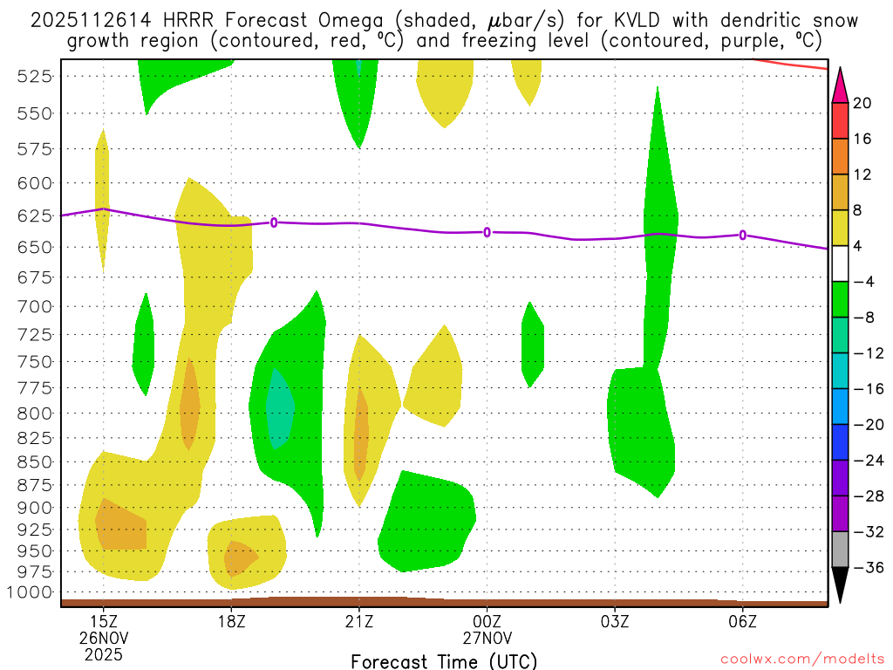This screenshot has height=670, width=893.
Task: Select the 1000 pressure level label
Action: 31,592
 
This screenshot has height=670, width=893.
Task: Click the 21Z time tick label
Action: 359,622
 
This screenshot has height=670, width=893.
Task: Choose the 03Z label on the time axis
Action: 615,622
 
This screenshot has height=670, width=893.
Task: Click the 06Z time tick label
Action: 742,622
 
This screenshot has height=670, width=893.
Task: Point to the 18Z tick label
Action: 231,622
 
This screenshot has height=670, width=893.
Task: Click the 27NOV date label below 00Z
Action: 487,638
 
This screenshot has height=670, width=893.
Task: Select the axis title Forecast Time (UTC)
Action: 444,660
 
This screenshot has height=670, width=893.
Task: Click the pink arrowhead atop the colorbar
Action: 840,85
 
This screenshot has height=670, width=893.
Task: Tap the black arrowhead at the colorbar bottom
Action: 840,586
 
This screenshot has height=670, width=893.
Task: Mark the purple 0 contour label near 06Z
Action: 742,235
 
